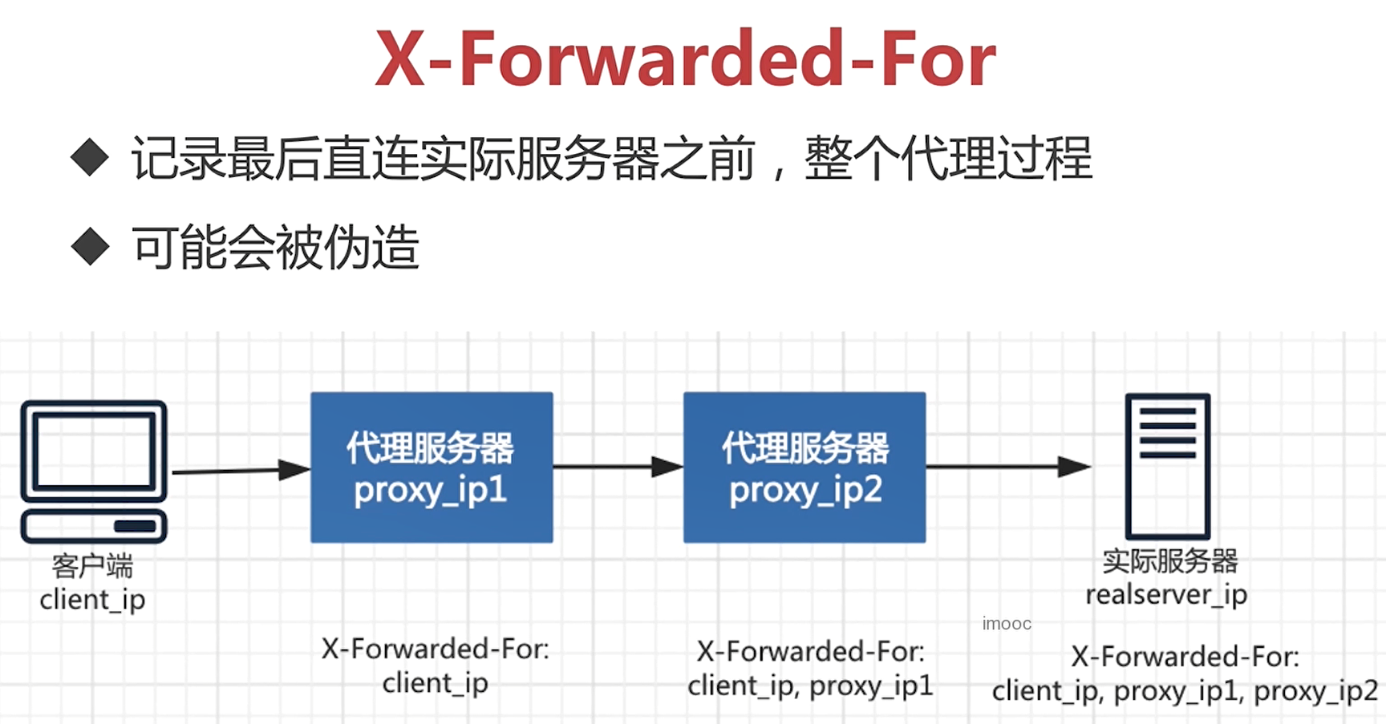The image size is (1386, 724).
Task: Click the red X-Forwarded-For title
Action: point(686,59)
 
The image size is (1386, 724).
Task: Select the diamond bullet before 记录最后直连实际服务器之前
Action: point(90,157)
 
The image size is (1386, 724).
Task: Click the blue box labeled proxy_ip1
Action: point(432,467)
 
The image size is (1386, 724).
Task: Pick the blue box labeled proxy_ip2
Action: point(804,467)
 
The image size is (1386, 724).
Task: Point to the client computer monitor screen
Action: point(94,450)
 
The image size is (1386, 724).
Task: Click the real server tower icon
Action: point(1167,466)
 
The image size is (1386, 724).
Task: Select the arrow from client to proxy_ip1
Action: point(241,470)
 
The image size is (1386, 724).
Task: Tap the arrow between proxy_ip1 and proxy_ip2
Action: point(618,466)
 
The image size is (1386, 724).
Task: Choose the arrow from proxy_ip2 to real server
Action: point(1008,466)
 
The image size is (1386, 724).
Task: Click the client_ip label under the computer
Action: point(92,600)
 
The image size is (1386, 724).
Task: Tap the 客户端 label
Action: point(92,565)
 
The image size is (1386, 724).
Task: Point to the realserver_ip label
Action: point(1166,595)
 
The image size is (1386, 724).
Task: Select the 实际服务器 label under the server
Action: point(1169,560)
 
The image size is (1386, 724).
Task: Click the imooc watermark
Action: point(1007,624)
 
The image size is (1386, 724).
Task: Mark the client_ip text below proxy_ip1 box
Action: point(435,683)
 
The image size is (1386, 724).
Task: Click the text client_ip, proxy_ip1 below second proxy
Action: point(810,686)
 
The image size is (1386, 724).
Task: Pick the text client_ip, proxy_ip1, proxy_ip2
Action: point(1185,691)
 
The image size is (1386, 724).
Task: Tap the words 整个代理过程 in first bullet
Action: point(948,157)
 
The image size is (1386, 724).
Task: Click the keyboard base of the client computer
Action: point(94,526)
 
